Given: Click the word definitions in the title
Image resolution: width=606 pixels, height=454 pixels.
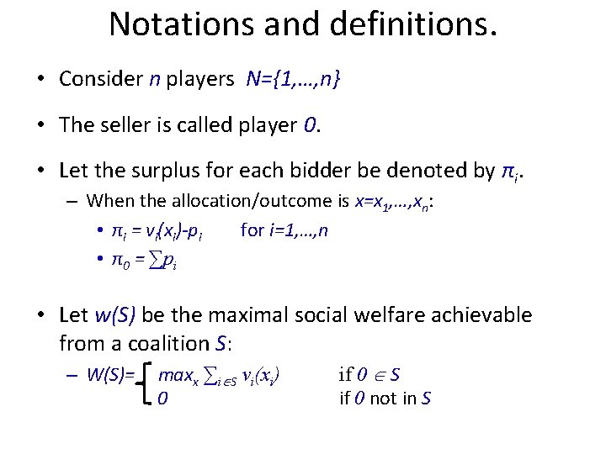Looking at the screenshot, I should (410, 24).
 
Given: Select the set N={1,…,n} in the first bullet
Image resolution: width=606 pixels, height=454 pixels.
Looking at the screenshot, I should (294, 80).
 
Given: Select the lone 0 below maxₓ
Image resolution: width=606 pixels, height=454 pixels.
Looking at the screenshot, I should (162, 399).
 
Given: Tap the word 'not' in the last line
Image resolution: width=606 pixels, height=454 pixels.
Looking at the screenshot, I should (383, 399).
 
